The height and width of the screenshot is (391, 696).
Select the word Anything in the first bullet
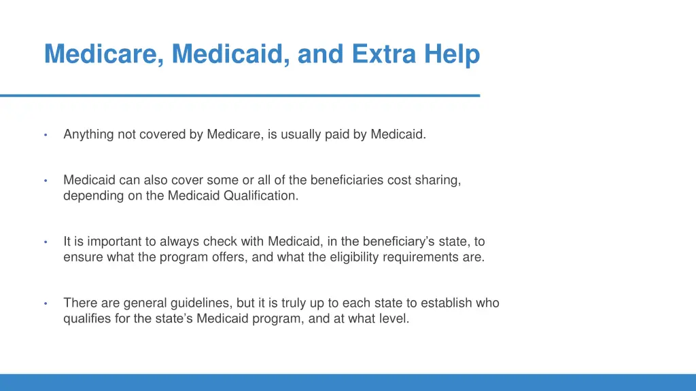[x=88, y=134]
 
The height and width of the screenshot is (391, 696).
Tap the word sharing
[x=438, y=181]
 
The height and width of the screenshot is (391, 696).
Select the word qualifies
[x=87, y=318]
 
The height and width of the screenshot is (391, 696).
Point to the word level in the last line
[x=394, y=318]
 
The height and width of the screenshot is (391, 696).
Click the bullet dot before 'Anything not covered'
[x=45, y=135]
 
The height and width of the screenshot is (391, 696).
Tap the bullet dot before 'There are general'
[x=45, y=303]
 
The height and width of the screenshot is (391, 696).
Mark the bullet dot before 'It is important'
[x=45, y=242]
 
